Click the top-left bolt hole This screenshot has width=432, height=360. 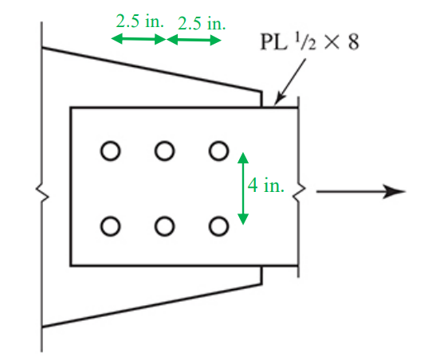click(x=110, y=149)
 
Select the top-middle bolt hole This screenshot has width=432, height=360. click(x=164, y=149)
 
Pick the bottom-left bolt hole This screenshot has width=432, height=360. click(x=110, y=226)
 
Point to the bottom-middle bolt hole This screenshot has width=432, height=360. click(x=164, y=226)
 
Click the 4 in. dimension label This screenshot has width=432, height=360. click(x=265, y=186)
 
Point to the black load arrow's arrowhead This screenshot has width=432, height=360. click(x=395, y=191)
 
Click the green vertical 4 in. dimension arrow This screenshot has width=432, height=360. click(x=244, y=187)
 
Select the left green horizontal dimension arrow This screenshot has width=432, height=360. click(x=138, y=39)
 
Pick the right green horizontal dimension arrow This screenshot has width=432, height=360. click(x=193, y=39)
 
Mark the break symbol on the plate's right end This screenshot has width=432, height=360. click(x=300, y=191)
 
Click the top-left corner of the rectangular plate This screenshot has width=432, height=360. click(x=71, y=108)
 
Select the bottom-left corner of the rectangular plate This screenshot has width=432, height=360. click(x=71, y=264)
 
